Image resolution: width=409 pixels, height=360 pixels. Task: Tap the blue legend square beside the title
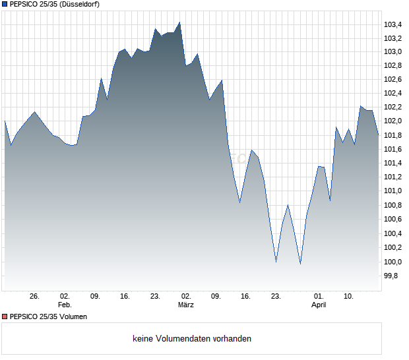(x=5, y=5)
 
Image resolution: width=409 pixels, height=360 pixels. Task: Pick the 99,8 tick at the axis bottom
(x=391, y=276)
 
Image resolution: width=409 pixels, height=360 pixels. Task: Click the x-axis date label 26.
(x=35, y=297)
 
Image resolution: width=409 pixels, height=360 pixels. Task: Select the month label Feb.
(x=65, y=305)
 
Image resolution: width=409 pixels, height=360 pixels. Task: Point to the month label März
(x=185, y=305)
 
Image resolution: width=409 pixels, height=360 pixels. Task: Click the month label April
(x=319, y=305)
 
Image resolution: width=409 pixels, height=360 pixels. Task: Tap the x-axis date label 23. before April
(x=276, y=297)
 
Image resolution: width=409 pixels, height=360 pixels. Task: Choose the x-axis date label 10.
(x=349, y=297)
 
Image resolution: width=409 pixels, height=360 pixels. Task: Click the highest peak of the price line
(x=179, y=22)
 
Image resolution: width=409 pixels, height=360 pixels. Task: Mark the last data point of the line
(x=379, y=135)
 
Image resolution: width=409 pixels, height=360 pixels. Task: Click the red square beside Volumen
(x=5, y=316)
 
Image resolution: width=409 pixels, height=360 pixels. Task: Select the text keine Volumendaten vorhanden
(x=192, y=339)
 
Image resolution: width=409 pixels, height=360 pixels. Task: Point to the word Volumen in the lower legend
(x=72, y=316)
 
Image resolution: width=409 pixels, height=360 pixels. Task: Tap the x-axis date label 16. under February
(x=125, y=297)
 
